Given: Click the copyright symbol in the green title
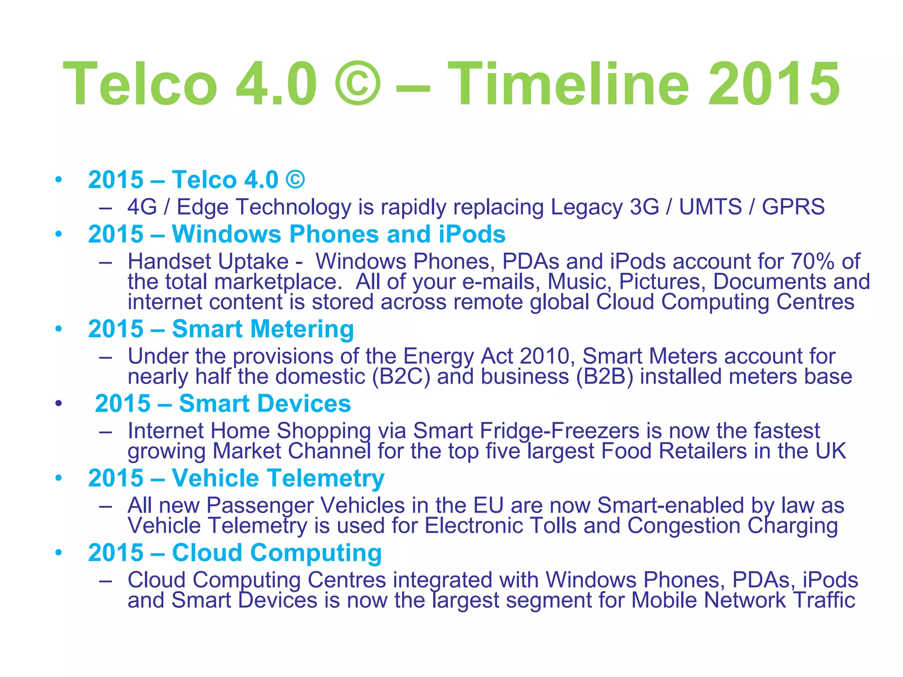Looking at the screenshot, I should point(357,84).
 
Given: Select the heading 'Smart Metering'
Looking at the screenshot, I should point(263,329).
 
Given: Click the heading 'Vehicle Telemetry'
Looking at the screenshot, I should point(278,478).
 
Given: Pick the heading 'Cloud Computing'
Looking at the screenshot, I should point(276,553).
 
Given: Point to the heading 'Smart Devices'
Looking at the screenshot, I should point(265,404).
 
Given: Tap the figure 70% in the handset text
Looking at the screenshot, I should point(812,261).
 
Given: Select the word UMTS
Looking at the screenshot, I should point(710,207).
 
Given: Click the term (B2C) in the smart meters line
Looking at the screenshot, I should point(401,377).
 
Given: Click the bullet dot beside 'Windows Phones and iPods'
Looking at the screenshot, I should point(59,234).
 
